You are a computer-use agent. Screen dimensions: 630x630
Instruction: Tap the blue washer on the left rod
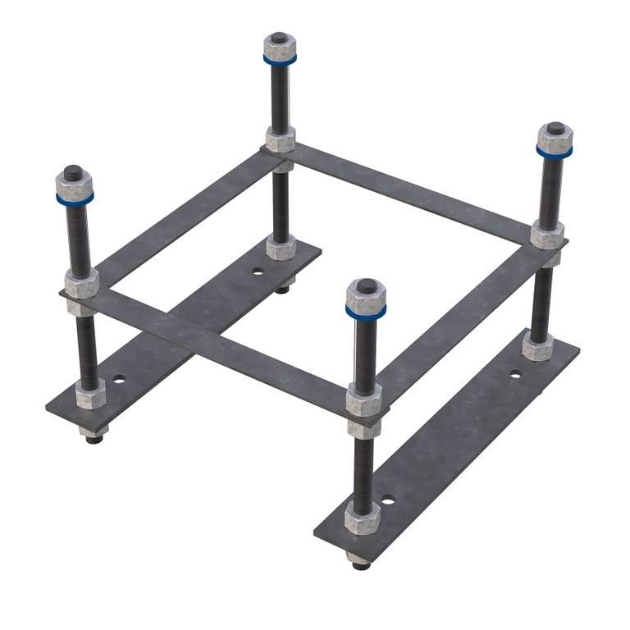coord(75,198)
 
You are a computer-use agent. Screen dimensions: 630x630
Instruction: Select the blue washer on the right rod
coord(555,151)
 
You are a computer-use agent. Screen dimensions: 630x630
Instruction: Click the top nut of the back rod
coord(281,47)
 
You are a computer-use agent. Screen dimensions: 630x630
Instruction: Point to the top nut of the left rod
coord(75,183)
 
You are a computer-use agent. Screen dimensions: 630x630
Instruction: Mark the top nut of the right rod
coord(555,136)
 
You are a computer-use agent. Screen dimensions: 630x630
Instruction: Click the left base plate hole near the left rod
coord(121,381)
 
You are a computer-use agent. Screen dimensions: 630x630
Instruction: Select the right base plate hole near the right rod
coord(515,374)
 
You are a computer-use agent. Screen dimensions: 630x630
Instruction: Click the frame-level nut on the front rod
coord(363,402)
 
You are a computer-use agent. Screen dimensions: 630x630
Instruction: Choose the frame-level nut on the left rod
coord(82,281)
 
